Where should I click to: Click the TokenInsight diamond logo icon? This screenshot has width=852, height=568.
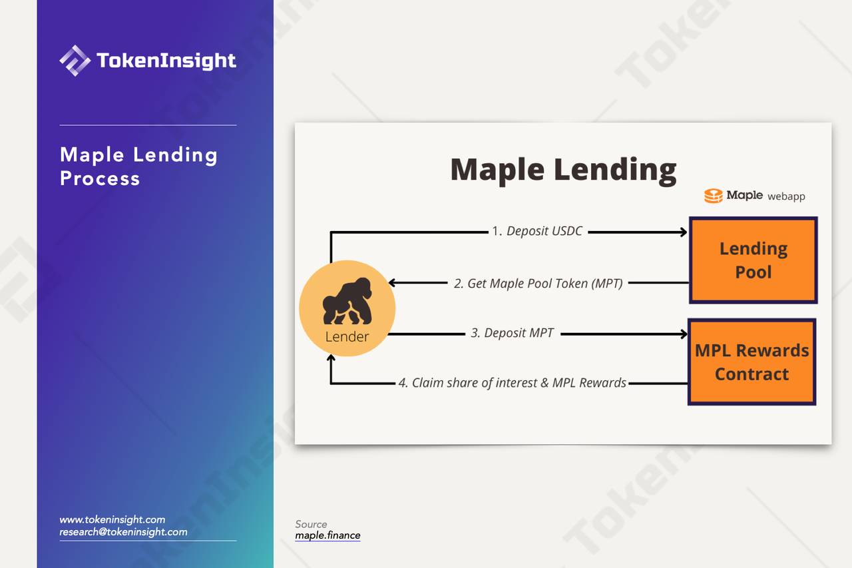pos(75,61)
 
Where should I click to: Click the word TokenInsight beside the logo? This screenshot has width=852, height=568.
pos(166,61)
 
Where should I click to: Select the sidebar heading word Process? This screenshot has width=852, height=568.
pos(100,178)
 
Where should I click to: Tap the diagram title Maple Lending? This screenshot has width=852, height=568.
pos(563,170)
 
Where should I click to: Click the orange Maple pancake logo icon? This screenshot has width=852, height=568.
pos(713,196)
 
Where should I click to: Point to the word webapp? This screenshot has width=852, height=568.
pos(786,196)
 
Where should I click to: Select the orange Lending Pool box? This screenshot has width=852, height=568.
pos(753,260)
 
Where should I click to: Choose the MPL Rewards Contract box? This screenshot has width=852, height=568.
pos(752,362)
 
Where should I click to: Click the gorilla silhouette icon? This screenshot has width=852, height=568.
pos(347,300)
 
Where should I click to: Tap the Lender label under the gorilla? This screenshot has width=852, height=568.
pos(347,337)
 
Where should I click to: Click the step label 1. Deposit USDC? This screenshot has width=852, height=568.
pos(537,231)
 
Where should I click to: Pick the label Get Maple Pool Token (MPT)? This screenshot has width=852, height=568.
pos(545,284)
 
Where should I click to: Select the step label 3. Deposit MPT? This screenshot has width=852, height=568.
pos(513,333)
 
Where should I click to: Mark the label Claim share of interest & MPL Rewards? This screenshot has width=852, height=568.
pos(519,383)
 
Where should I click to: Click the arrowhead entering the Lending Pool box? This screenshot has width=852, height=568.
pos(684,232)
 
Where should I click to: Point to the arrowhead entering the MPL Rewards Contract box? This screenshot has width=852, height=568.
pos(684,334)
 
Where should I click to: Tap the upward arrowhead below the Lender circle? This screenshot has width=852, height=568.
pos(331,358)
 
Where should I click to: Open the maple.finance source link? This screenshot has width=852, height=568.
pos(327,535)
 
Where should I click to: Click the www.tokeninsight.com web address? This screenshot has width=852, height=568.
pos(112,519)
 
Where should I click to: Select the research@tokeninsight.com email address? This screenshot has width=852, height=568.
pos(123,532)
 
